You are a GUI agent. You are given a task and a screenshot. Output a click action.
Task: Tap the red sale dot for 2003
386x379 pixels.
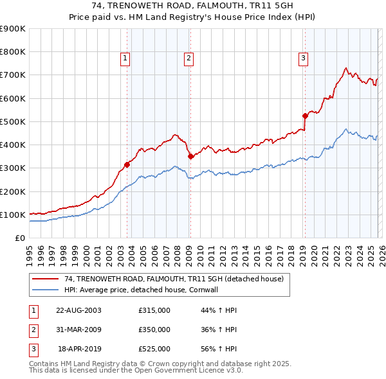127,164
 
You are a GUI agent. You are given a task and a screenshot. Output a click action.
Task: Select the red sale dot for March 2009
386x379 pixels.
190,156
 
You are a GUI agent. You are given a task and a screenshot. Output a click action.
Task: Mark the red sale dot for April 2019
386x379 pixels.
305,116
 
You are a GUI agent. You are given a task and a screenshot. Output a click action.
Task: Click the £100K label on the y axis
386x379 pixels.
13,215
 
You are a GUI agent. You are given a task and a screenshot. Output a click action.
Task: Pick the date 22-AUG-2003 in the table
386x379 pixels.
78,310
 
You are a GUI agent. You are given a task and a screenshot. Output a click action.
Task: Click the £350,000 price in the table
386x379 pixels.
154,330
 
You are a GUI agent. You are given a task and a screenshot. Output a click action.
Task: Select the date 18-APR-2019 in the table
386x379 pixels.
80,349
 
